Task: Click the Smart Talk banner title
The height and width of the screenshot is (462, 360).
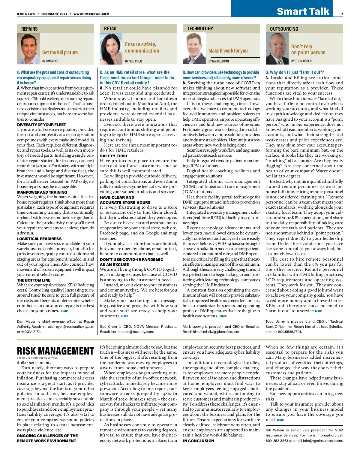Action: point(303,11)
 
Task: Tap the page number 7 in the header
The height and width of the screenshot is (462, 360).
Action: point(342,14)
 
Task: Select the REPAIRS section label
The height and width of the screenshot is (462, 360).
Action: point(29,29)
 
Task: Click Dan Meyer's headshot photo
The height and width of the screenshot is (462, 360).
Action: point(28,49)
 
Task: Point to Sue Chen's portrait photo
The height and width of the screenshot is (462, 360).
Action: point(111,49)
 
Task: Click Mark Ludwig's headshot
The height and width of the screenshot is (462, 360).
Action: point(194,49)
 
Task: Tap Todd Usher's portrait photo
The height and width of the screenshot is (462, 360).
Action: point(277,49)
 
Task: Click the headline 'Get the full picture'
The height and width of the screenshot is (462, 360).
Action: point(60,53)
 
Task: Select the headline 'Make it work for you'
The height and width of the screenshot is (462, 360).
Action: point(228,51)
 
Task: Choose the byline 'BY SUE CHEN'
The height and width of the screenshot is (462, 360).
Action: point(133,61)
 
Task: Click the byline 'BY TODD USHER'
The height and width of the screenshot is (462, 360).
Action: point(301,61)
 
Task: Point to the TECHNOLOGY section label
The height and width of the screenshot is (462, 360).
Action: point(200,29)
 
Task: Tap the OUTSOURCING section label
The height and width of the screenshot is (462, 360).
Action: point(284,29)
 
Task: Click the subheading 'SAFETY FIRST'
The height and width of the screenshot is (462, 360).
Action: point(114,156)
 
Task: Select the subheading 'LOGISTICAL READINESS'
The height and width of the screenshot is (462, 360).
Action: point(39,239)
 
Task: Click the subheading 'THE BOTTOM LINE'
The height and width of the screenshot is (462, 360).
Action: point(34,280)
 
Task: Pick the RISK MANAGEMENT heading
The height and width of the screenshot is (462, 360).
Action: point(55,351)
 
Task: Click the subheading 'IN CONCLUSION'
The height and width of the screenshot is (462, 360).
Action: point(198,441)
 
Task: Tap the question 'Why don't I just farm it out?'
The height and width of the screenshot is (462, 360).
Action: point(295,72)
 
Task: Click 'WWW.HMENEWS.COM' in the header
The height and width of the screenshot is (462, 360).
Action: point(91,14)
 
